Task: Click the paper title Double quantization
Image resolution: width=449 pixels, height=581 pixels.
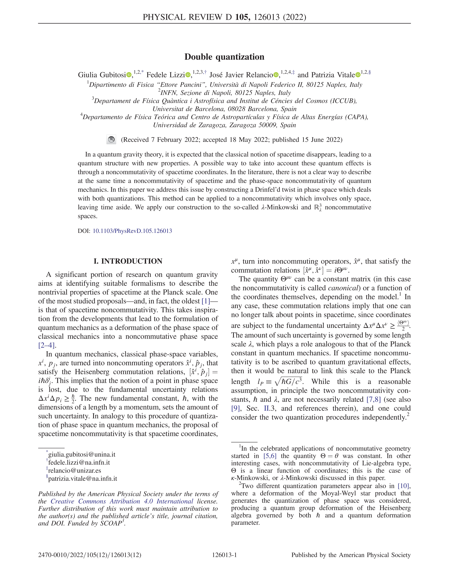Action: [224, 57]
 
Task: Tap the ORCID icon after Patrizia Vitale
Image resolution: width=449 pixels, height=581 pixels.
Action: [358, 75]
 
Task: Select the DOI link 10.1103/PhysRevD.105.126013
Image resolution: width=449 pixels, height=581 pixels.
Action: [132, 231]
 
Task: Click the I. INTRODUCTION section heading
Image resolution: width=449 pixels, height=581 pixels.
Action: [128, 261]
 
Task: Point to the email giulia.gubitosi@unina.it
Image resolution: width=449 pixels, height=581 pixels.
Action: [82, 455]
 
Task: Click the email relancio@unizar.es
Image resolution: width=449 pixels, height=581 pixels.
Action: [74, 471]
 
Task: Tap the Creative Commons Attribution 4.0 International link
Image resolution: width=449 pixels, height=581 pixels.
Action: [122, 501]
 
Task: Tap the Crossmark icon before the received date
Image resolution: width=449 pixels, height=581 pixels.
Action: [111, 140]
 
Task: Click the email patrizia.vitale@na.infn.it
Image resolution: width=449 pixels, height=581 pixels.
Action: [82, 479]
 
